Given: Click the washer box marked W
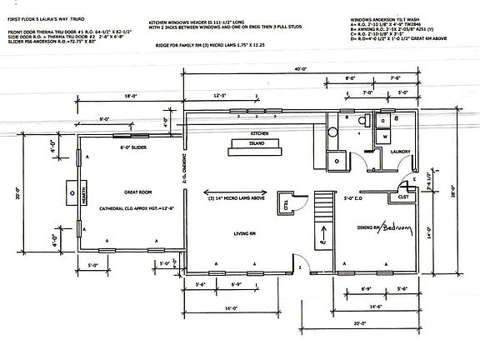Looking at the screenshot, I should pyautogui.click(x=387, y=134).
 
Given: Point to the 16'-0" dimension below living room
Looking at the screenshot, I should pyautogui.click(x=231, y=307).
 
